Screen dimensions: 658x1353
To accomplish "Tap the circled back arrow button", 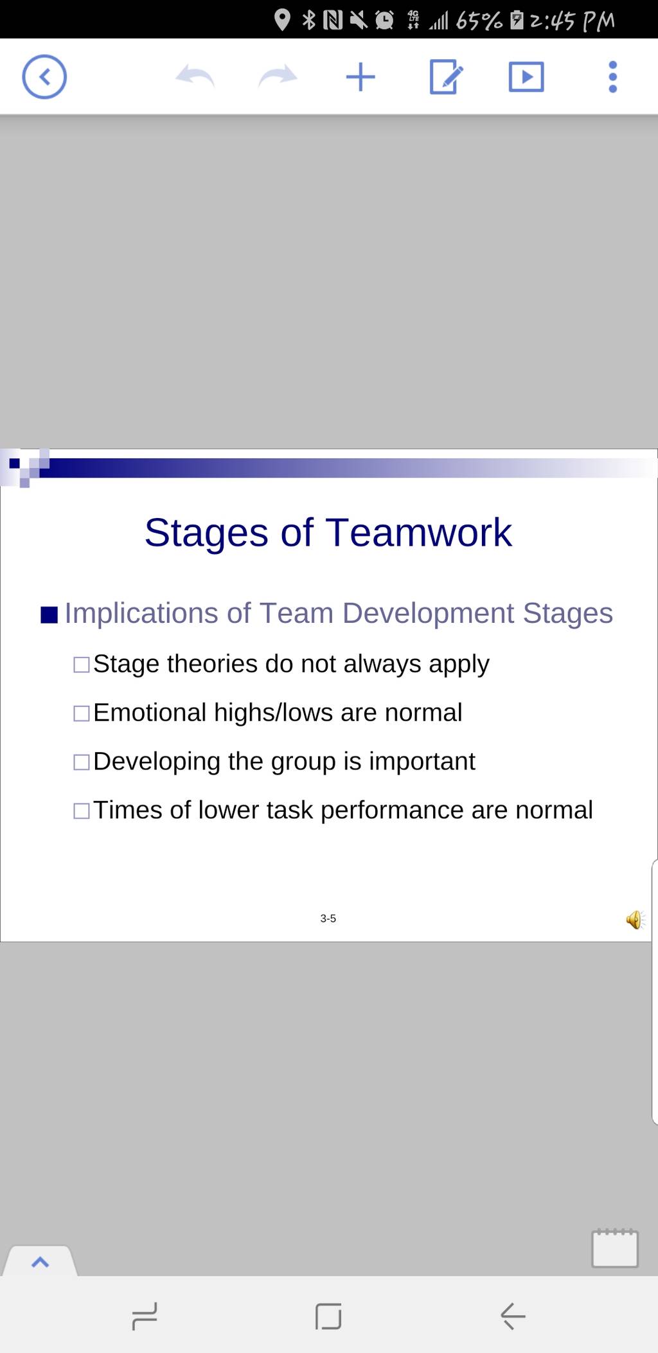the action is tap(44, 77).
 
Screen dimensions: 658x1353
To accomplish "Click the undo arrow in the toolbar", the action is tap(195, 76).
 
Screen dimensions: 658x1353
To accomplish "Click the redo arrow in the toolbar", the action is tap(278, 76).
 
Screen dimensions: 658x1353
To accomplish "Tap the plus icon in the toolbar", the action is tap(360, 77).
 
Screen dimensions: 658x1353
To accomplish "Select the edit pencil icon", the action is tap(445, 77).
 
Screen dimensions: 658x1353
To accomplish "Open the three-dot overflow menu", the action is tap(612, 77).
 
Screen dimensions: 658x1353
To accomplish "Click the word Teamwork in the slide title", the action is tap(418, 532).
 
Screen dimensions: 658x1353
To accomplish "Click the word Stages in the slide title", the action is tap(206, 533).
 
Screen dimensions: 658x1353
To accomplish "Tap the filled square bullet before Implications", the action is tap(49, 615).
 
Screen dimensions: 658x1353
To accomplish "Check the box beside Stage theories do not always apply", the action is tap(82, 665).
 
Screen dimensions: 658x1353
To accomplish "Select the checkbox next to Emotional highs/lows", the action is tap(82, 713).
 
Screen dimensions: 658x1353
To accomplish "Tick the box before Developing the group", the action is tap(82, 762).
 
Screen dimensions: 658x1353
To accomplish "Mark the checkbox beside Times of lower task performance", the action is tap(82, 811).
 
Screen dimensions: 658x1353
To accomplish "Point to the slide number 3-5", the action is tap(328, 918).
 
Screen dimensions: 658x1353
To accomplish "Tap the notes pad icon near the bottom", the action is tap(615, 1248).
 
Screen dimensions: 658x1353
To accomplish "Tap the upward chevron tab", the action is tap(40, 1262).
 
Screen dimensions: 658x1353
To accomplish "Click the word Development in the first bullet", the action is tap(429, 614).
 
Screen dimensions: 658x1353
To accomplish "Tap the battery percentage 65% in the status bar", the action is tap(479, 21).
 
